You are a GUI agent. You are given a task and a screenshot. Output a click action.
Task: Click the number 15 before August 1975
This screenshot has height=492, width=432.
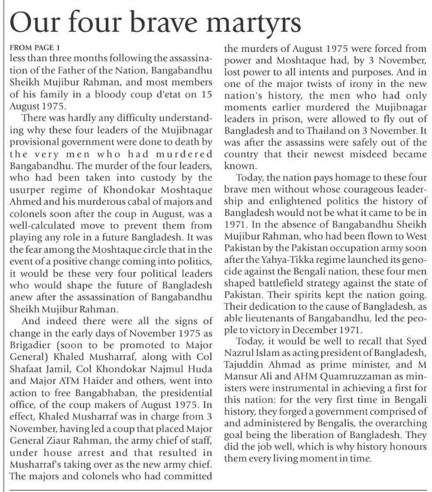pyautogui.click(x=207, y=94)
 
